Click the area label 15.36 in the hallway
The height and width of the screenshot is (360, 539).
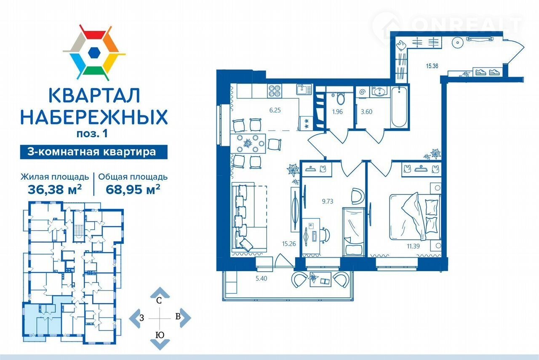[432, 66]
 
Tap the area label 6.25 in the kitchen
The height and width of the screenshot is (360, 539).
[275, 110]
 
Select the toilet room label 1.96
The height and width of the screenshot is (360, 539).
[337, 112]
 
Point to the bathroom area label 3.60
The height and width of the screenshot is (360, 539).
[366, 112]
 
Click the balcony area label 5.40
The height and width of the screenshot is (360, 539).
[261, 279]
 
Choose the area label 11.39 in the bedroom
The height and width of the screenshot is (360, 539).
[413, 246]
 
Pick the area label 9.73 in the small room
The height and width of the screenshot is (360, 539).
[328, 201]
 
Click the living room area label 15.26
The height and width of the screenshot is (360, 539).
[289, 244]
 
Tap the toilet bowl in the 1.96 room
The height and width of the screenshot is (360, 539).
[340, 99]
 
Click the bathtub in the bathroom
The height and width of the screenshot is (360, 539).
[399, 107]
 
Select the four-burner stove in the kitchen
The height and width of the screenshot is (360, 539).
[275, 91]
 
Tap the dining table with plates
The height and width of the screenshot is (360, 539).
[248, 144]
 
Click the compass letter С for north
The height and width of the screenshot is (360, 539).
[159, 301]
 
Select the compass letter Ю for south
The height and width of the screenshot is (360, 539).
[160, 335]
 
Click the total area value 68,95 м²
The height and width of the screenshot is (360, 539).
[133, 189]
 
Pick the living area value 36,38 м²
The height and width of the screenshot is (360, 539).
[55, 189]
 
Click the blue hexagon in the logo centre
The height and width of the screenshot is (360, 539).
[94, 53]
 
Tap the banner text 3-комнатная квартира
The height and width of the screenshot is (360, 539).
[92, 152]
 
